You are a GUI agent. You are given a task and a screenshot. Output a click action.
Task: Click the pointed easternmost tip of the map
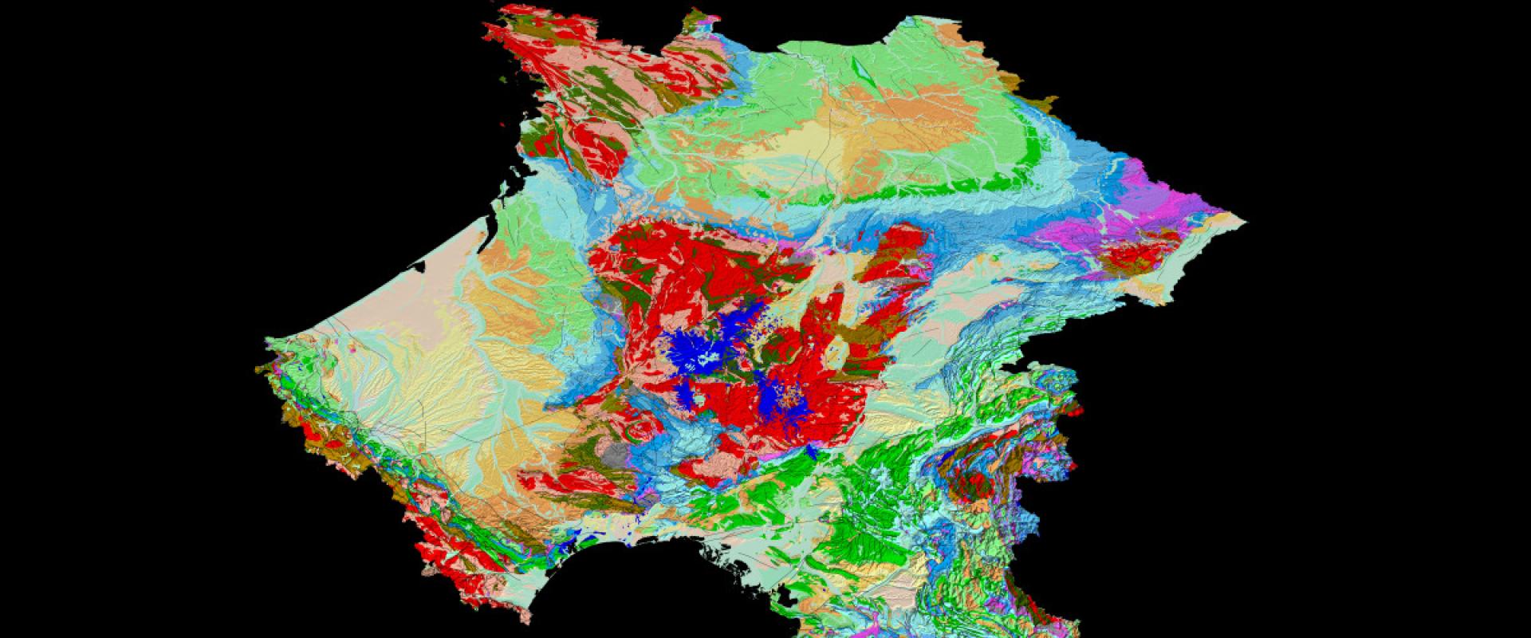[1242, 219]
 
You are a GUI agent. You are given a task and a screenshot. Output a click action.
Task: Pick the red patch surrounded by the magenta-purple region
[1136, 255]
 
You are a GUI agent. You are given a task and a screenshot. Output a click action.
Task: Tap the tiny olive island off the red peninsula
[502, 80]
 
